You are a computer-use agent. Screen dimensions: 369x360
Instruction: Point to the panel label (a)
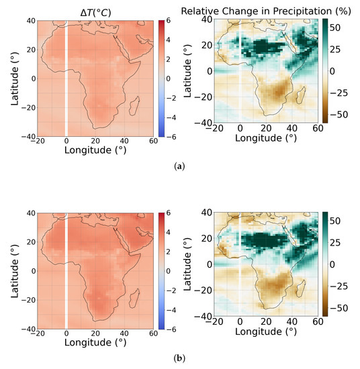point(180,164)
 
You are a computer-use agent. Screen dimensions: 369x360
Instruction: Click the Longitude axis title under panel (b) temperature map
point(93,343)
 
